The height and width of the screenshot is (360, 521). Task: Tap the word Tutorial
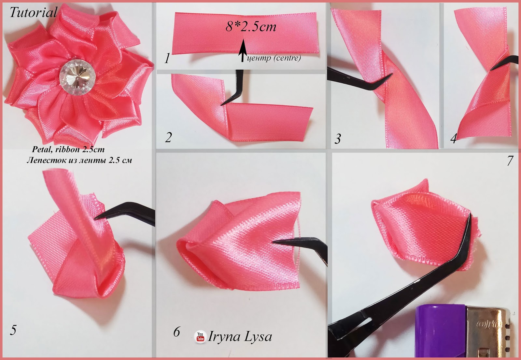[x=33, y=12]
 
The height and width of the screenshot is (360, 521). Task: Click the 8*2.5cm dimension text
[x=251, y=27]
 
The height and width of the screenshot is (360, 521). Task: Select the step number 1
[x=167, y=58]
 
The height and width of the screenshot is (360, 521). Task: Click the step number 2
[x=168, y=137]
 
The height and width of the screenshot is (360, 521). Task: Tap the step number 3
[x=337, y=139]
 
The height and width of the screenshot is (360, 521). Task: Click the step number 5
[x=13, y=330]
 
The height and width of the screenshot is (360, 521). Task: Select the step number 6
[x=176, y=332]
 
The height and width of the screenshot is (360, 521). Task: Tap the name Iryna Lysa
[x=240, y=337]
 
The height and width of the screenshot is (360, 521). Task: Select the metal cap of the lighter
[x=487, y=331]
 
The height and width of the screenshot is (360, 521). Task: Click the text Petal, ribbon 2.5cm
[x=68, y=149]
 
